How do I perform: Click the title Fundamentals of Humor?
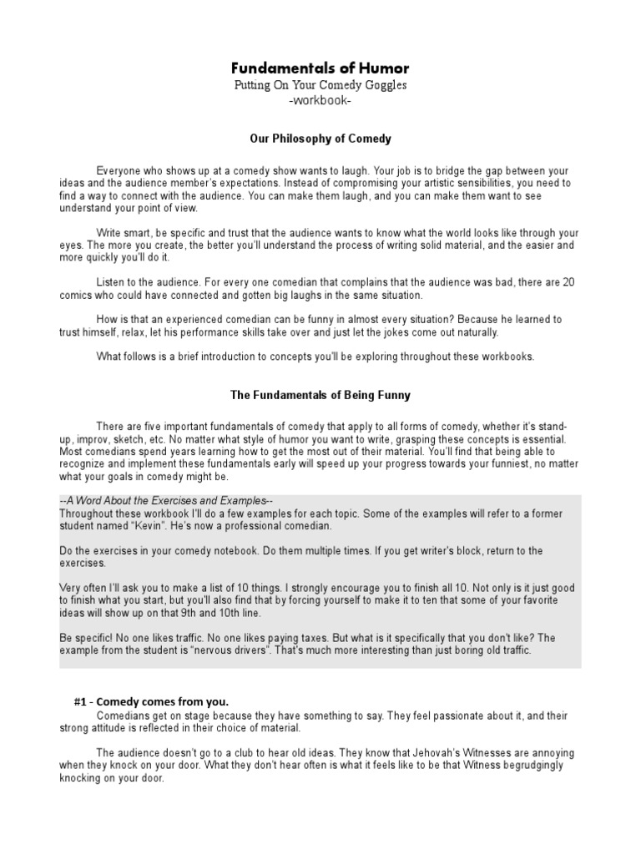tap(320, 68)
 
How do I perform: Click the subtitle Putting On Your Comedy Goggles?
tap(320, 87)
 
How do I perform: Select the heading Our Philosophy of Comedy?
tap(320, 138)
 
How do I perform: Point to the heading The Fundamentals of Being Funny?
tap(320, 395)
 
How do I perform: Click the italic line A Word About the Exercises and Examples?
tap(168, 499)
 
